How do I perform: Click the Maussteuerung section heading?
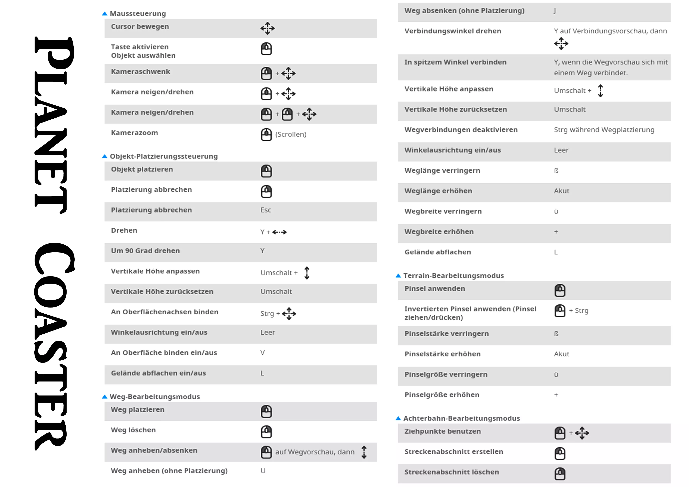(x=138, y=14)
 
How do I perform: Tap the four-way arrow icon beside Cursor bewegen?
(x=267, y=28)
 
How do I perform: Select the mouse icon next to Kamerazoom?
(x=266, y=135)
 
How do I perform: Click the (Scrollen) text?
(x=291, y=135)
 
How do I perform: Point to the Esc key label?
(x=266, y=210)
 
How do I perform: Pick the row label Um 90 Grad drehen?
(x=145, y=251)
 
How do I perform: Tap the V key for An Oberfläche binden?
(x=263, y=353)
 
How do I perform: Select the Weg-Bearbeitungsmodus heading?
(x=155, y=397)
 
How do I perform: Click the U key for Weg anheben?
(x=263, y=471)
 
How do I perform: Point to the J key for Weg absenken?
(x=555, y=11)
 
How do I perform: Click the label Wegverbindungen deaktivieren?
(x=461, y=130)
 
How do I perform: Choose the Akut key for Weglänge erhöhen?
(x=562, y=191)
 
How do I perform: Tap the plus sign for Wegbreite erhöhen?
(x=556, y=232)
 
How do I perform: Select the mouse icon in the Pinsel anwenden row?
(x=560, y=290)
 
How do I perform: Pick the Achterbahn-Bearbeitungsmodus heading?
(x=462, y=419)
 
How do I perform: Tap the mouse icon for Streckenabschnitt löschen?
(x=560, y=474)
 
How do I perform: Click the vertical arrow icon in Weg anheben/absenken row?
(x=364, y=452)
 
